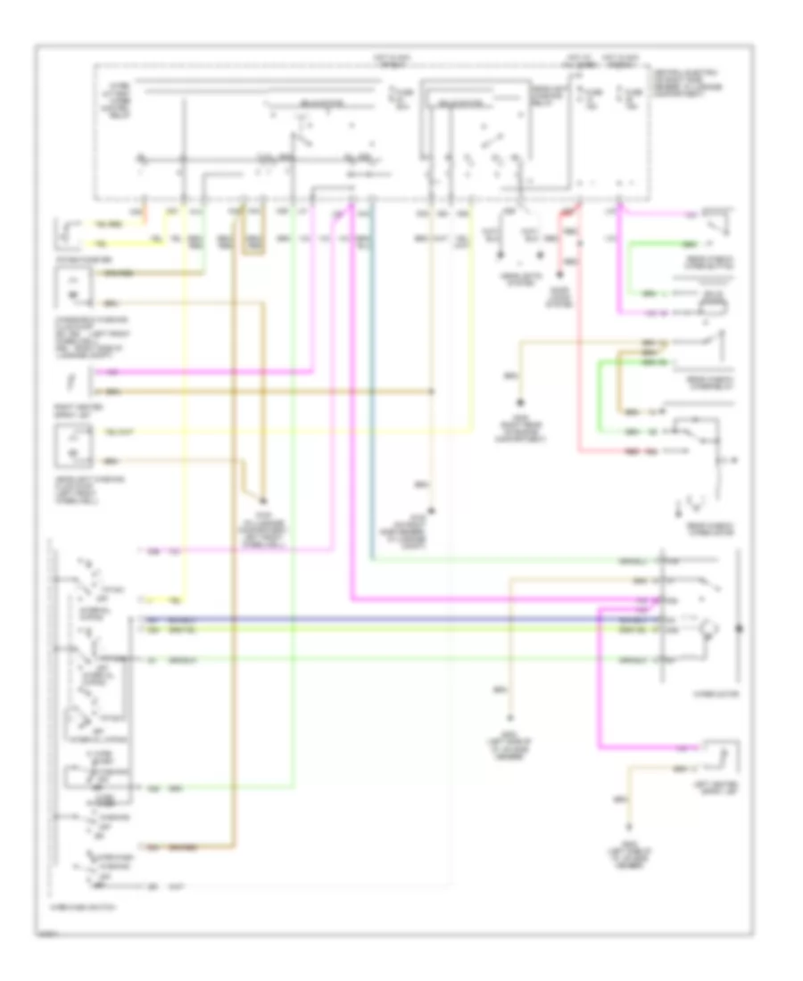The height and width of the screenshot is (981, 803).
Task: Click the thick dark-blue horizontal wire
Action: click(401, 619)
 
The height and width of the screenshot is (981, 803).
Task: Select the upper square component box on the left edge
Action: click(70, 285)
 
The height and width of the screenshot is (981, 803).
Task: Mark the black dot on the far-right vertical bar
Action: click(738, 628)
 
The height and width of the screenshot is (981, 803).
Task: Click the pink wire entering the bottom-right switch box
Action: click(660, 746)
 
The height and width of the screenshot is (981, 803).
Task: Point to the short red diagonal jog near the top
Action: click(565, 213)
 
